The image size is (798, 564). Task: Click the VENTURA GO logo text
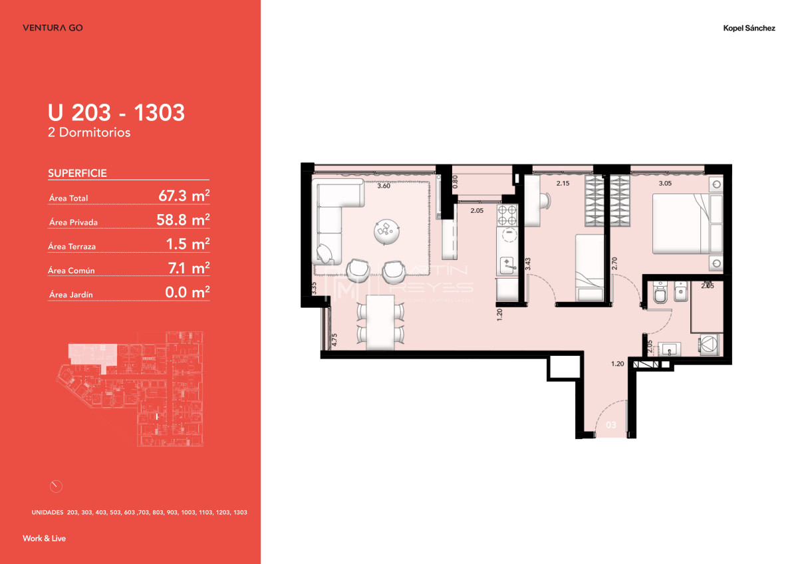[x=53, y=28]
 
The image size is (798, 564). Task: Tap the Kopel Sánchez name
[x=749, y=28]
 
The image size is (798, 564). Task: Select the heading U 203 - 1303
[x=116, y=112]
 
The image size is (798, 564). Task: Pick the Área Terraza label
[x=72, y=247]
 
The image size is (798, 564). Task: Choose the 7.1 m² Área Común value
[x=188, y=268]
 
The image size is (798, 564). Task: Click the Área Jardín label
[x=69, y=295]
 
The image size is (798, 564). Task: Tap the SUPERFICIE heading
[x=77, y=174]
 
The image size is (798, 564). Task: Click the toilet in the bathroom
[x=660, y=295]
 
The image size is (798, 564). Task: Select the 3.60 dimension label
[x=384, y=186]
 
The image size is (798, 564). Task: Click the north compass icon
[x=56, y=486]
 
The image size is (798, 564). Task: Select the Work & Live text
[x=44, y=538]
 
